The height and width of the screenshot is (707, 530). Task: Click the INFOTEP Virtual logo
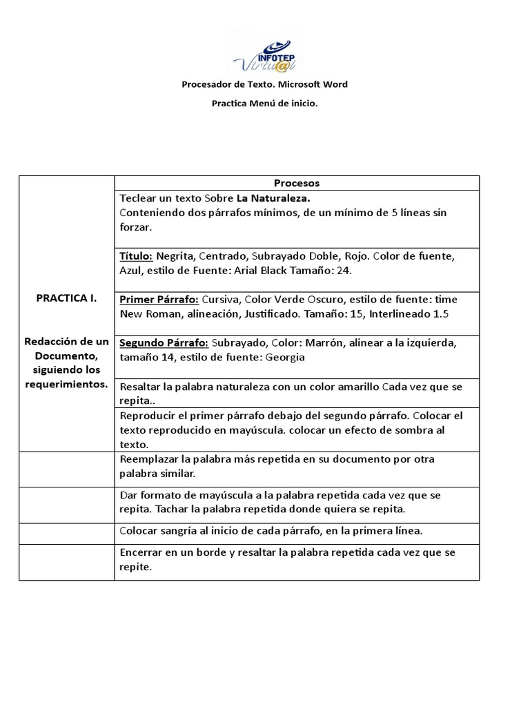click(264, 54)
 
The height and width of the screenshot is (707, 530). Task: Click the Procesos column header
click(297, 183)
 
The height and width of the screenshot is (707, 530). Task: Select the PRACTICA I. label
click(66, 298)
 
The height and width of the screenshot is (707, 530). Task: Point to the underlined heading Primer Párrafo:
click(159, 300)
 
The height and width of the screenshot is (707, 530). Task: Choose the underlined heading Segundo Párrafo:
click(164, 343)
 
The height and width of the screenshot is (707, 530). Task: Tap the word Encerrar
click(142, 552)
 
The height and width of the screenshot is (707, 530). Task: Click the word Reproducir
click(147, 416)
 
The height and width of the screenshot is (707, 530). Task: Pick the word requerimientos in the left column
click(66, 385)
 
